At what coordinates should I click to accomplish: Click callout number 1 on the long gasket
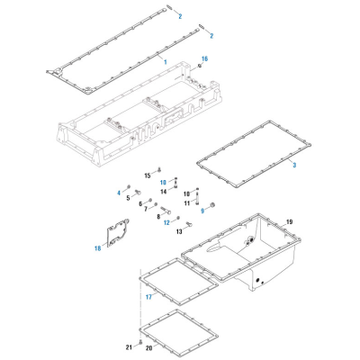tap(165, 60)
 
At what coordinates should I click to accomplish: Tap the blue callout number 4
tap(117, 193)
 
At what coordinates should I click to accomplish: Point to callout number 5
tap(128, 198)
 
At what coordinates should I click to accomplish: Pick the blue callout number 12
tap(166, 221)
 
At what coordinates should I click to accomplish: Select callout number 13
tap(178, 231)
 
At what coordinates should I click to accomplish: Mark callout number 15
tap(148, 175)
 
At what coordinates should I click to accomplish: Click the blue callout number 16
tap(205, 58)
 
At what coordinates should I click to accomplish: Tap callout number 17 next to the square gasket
tap(148, 296)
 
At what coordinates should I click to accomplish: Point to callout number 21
tap(129, 346)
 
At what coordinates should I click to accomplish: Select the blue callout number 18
tap(97, 248)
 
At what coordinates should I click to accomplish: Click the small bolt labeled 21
tap(139, 343)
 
